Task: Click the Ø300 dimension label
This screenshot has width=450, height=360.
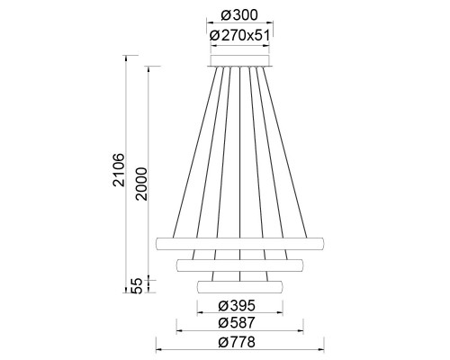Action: tap(239, 15)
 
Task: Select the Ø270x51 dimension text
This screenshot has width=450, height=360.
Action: tap(239, 35)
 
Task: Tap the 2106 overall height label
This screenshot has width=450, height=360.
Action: tap(119, 170)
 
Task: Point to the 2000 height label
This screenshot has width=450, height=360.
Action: tap(141, 184)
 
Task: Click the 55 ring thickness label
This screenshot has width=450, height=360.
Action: tap(137, 286)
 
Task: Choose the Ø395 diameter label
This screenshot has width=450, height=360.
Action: tap(237, 305)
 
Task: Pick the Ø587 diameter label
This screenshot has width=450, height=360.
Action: tap(237, 323)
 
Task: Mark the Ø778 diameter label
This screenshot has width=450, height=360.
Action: tap(237, 342)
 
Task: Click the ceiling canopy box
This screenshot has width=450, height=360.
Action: tap(240, 60)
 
